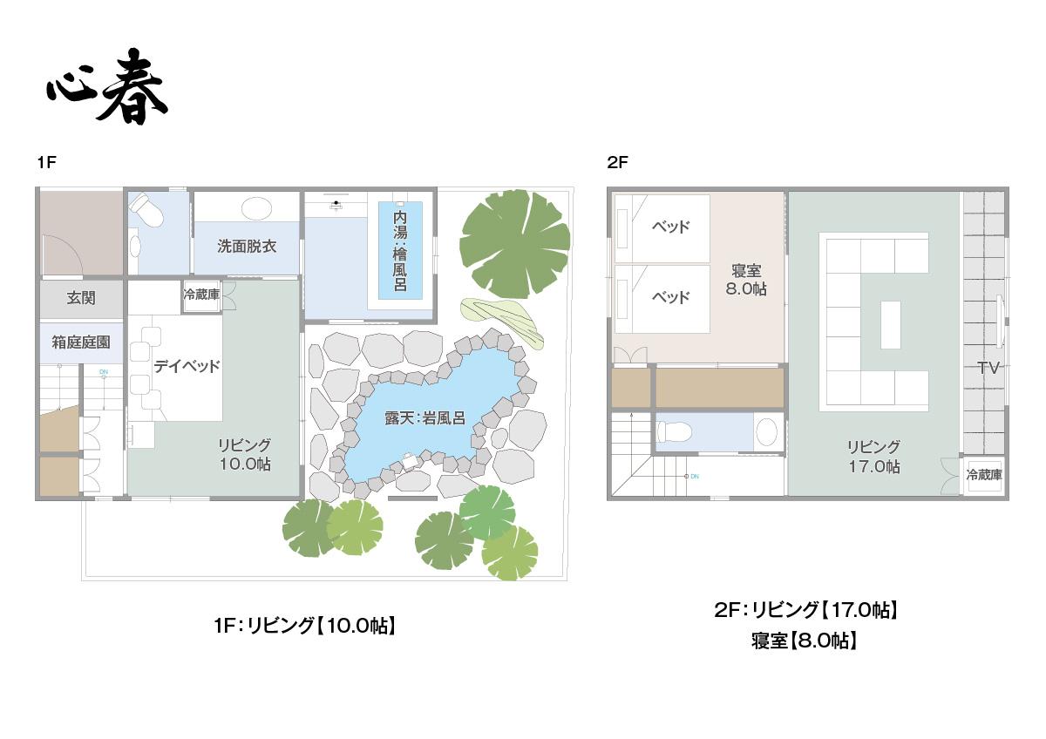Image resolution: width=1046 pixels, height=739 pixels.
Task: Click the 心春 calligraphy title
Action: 107,86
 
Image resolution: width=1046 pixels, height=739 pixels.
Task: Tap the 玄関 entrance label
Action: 81,297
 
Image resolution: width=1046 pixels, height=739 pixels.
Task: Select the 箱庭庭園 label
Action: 81,342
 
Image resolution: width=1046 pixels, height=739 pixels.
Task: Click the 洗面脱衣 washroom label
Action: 247,246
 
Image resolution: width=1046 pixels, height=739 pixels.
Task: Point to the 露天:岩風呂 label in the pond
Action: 425,417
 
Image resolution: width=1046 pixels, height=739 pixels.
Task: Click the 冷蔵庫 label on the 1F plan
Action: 201,295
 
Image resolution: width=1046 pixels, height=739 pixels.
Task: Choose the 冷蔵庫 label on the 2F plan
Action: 984,475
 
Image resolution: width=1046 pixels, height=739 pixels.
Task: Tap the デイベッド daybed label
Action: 187,366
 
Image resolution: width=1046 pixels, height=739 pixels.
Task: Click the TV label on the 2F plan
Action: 988,368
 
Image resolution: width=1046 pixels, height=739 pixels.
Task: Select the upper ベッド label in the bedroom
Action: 670,227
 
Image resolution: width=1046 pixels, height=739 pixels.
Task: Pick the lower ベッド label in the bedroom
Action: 670,297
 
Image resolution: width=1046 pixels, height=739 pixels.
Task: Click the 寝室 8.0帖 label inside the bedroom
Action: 746,280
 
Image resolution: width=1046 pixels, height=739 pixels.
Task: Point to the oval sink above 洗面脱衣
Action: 255,207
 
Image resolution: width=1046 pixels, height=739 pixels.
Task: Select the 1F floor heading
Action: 47,162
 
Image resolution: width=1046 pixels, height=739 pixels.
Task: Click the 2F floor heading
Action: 617,162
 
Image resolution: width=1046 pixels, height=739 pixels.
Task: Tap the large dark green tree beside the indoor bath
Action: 514,243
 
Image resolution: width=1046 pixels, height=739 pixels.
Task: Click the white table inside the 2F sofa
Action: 891,324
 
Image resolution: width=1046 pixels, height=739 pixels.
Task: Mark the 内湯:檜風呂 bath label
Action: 400,251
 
